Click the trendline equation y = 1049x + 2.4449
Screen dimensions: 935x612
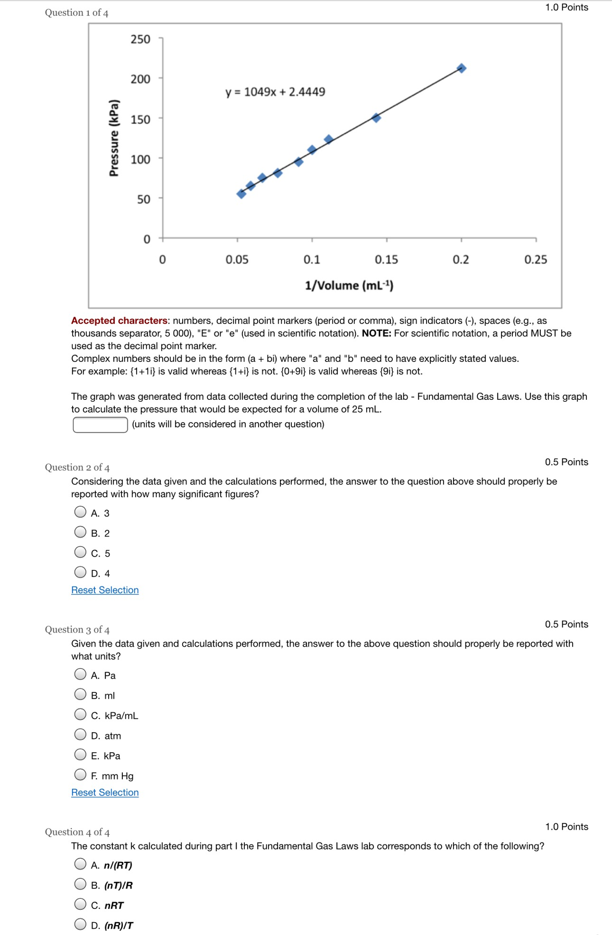pos(275,92)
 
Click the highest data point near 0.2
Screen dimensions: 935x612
pos(461,68)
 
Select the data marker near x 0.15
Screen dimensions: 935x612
pos(376,118)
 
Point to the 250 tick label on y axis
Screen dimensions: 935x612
pos(140,39)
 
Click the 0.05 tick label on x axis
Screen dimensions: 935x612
pos(237,260)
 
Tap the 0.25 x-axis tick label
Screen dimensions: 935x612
pos(535,260)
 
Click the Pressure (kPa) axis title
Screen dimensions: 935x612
pos(114,138)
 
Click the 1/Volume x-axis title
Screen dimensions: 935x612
pos(349,286)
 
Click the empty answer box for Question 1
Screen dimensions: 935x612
pos(100,425)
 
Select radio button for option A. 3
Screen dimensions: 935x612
pos(80,512)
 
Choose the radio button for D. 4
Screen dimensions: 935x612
pos(80,572)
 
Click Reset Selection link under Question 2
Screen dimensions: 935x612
pos(105,590)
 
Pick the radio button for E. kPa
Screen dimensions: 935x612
pos(80,754)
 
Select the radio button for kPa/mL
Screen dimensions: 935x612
pos(80,714)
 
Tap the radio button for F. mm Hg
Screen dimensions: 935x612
pos(80,775)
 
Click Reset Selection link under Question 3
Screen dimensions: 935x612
pos(105,792)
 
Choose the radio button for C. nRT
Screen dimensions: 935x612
pos(80,904)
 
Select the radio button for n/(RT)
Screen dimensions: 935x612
pos(80,864)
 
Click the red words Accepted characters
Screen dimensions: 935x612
pos(119,321)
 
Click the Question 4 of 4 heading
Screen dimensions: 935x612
pos(77,832)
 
